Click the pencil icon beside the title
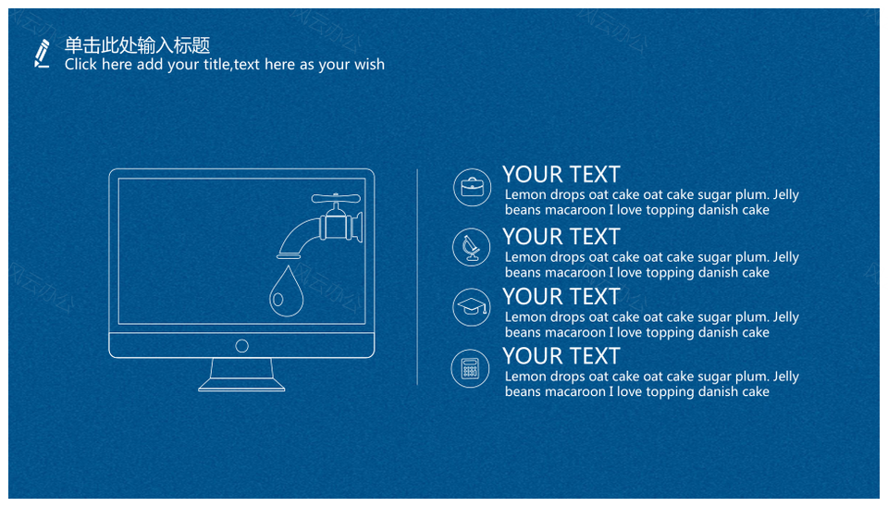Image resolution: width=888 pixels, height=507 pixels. tap(42, 54)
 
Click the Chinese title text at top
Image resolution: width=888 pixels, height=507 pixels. tap(137, 44)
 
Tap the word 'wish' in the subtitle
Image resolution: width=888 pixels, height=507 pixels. tap(369, 64)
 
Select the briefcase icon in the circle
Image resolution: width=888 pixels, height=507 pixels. tap(472, 187)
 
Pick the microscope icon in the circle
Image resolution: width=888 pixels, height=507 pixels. tap(471, 248)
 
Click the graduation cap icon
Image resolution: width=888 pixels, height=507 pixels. tap(472, 307)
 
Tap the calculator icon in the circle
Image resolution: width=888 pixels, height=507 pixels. tap(470, 368)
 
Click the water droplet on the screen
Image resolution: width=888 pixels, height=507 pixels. tap(286, 291)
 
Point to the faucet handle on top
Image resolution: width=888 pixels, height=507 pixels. tap(336, 198)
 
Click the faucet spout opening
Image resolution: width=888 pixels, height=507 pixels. tap(289, 256)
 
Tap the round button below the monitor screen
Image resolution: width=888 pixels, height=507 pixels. tap(241, 345)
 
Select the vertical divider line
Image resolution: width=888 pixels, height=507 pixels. tap(417, 277)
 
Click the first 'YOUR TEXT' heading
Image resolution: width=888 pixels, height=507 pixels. tap(561, 175)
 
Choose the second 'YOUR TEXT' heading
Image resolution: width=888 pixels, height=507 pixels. tap(561, 236)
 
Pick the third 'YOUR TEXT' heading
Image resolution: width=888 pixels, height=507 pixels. tap(561, 296)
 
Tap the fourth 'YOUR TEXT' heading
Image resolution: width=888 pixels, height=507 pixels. tap(561, 356)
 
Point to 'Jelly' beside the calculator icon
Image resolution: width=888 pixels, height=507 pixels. tap(785, 377)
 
